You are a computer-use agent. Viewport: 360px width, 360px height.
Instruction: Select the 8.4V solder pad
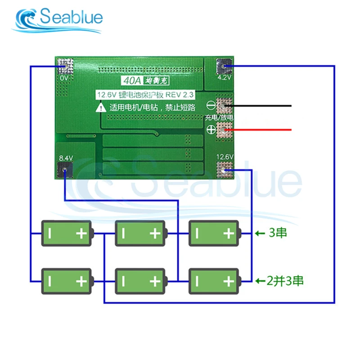tap(65, 170)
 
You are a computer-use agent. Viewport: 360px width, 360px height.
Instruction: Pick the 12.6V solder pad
tap(224, 170)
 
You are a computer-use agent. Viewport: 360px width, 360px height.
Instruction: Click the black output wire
tap(265, 106)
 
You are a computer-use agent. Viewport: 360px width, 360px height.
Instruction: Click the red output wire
tap(265, 130)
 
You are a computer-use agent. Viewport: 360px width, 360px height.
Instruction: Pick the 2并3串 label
tap(285, 281)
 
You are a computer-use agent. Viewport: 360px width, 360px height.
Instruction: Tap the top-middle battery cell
tap(141, 233)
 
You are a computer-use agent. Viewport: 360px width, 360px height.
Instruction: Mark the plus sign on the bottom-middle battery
tap(155, 282)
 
